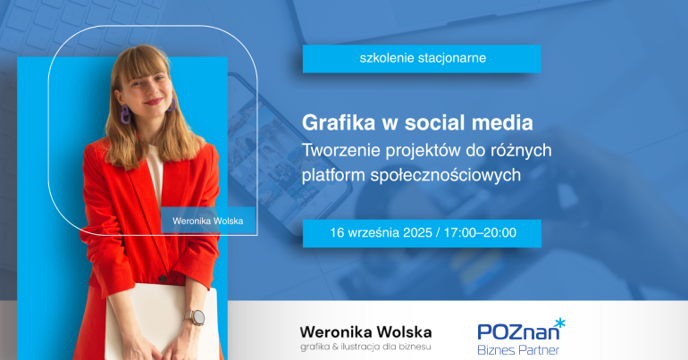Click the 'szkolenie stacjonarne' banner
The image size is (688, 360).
coord(422,59)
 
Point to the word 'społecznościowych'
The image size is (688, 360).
coord(445,175)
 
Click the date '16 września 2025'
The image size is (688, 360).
coord(381,233)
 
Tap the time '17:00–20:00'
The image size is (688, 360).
coord(480,233)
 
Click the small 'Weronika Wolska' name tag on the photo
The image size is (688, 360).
coord(208,221)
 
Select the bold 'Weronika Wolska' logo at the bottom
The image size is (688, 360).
coord(365,332)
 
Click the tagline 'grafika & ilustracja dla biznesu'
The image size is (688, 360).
coord(365,347)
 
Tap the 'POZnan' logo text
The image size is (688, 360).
coord(518,332)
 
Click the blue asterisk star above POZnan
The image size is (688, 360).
coord(559,323)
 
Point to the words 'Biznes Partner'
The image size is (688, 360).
coord(518,350)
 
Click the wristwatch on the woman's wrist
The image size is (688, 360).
coord(196,317)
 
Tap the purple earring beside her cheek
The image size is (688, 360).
coord(125,114)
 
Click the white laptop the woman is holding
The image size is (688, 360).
coord(161,322)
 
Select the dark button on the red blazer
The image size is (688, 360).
coord(163,279)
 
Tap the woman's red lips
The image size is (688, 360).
coord(153,101)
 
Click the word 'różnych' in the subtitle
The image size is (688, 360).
coord(523,150)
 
